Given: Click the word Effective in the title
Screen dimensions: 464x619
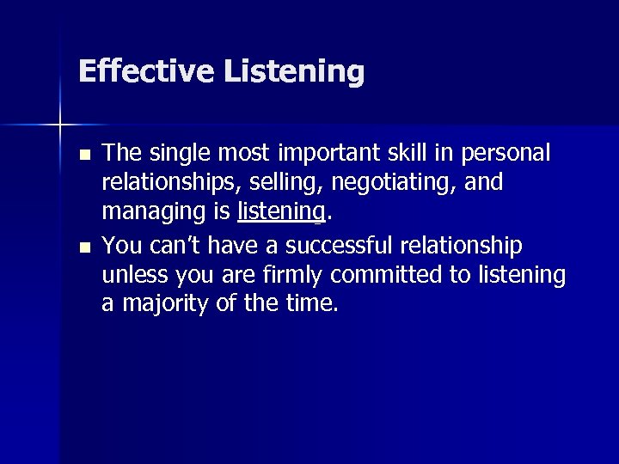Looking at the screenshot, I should (146, 71).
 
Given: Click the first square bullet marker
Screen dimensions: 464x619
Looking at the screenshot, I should (83, 156).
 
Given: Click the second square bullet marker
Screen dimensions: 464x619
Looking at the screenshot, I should (83, 247).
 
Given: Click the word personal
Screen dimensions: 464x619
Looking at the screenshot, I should (506, 155).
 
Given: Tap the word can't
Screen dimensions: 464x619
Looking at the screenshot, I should (176, 247).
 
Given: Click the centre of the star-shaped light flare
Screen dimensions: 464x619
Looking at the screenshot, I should (60, 125).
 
